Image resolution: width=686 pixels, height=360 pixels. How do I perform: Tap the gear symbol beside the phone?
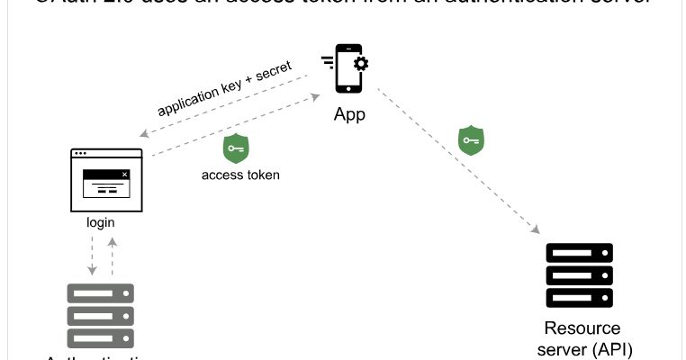pyautogui.click(x=360, y=63)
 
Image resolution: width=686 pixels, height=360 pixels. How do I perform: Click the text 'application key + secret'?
pyautogui.click(x=224, y=90)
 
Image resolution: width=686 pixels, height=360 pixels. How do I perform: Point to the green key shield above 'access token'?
pyautogui.click(x=236, y=148)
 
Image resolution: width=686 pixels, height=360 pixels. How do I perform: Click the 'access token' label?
pyautogui.click(x=239, y=175)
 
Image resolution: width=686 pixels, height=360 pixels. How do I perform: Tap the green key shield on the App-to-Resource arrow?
pyautogui.click(x=471, y=139)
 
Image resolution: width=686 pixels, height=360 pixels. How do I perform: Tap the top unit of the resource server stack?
pyautogui.click(x=579, y=253)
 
